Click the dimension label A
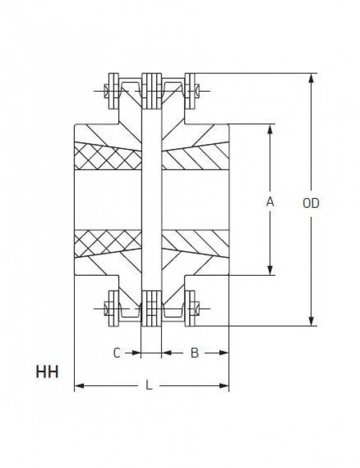point(270,202)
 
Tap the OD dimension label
point(311,203)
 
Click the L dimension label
point(149,385)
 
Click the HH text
point(47,372)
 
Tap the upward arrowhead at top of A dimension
point(270,129)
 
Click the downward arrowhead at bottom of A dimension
point(270,270)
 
